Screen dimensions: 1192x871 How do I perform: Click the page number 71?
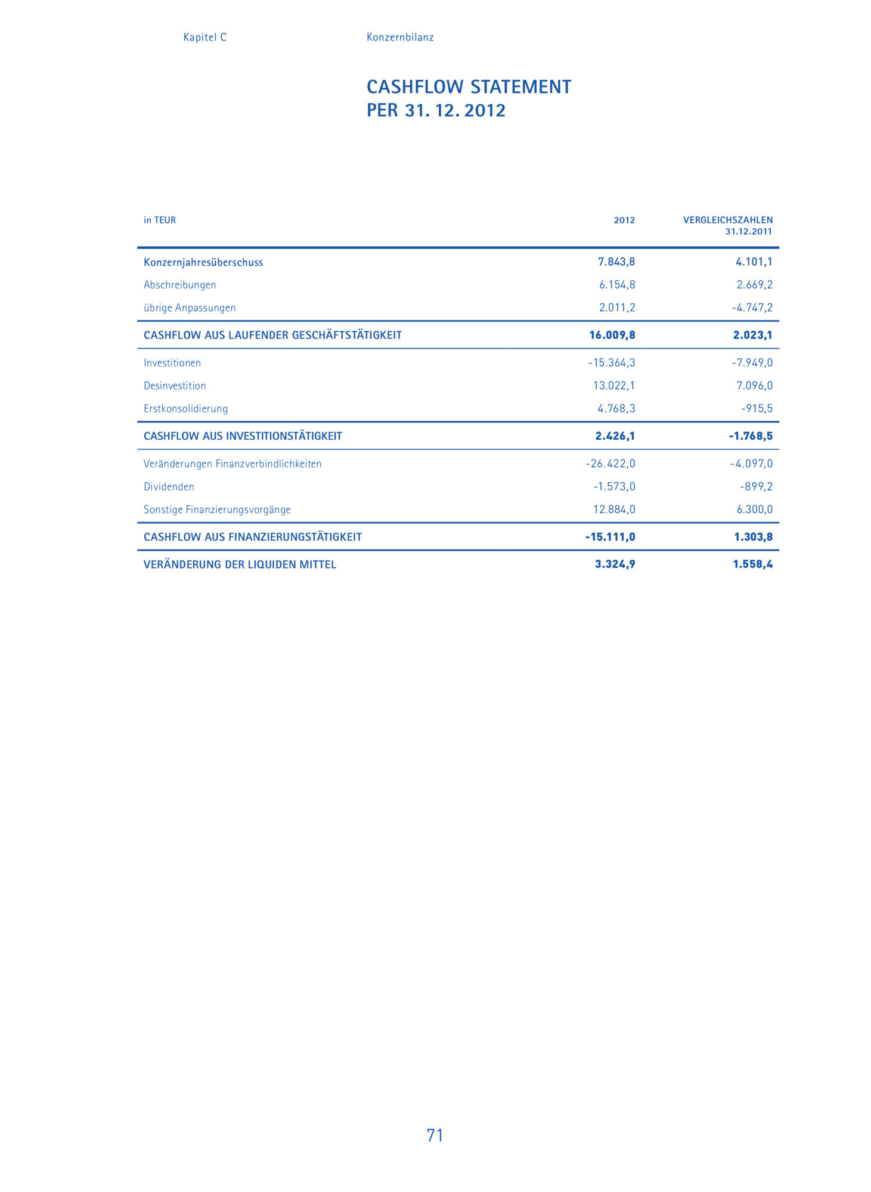435,1135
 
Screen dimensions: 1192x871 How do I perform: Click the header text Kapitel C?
204,37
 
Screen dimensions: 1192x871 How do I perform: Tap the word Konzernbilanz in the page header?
400,37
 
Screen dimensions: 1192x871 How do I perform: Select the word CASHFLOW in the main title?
415,87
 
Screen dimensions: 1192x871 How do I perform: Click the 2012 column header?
624,220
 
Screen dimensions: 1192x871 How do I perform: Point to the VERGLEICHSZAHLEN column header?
727,220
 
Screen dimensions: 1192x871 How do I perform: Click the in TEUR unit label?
160,220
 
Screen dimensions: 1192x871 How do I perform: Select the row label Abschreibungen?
179,285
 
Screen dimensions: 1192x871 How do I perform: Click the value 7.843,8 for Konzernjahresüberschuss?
616,262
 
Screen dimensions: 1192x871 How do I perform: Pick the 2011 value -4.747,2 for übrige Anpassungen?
752,308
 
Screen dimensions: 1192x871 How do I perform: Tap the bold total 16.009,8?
612,335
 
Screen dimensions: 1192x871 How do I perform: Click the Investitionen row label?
172,363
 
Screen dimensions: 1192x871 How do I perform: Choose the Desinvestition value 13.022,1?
614,386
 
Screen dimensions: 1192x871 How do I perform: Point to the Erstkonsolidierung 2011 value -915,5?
757,409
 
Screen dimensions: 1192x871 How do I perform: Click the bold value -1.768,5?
751,436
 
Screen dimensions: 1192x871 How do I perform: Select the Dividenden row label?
169,487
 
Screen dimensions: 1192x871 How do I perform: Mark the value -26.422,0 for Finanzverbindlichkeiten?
610,464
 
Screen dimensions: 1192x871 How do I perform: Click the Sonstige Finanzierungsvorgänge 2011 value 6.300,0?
755,510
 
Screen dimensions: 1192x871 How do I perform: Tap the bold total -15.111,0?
610,537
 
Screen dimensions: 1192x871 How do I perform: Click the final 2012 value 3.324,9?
615,564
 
